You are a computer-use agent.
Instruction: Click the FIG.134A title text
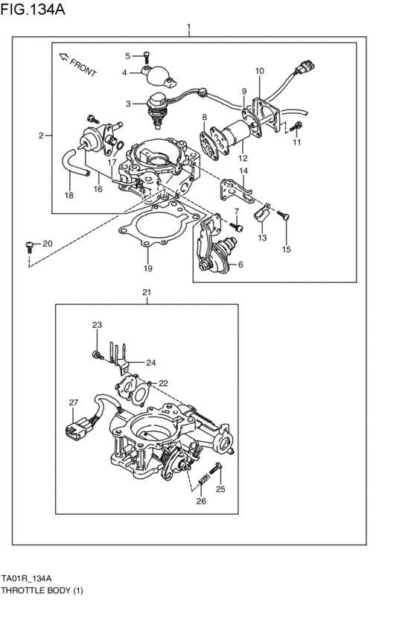coord(32,9)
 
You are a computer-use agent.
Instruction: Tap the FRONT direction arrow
coord(63,57)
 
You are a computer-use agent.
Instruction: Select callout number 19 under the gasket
coord(148,268)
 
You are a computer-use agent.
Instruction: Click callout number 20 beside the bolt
coord(48,244)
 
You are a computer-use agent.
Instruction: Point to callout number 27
coord(73,402)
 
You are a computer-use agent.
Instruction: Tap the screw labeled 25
coord(215,469)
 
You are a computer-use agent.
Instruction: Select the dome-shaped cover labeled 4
coord(159,77)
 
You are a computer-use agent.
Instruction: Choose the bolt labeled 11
coord(296,127)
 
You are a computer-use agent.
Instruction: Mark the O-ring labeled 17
coord(119,144)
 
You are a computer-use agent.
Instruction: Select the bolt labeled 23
coord(98,355)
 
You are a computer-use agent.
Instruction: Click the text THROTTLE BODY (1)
coord(42,590)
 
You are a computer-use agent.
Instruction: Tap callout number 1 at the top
coord(188,28)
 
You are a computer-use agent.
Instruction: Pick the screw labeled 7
coord(237,226)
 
